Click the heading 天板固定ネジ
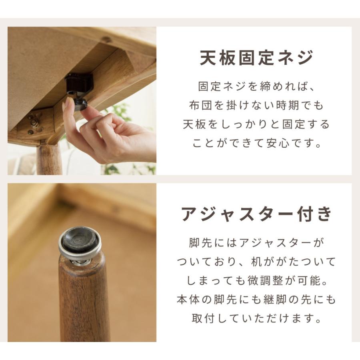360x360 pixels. [x=256, y=58]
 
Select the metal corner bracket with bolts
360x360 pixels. [x=35, y=123]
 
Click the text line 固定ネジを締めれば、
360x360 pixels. [x=256, y=86]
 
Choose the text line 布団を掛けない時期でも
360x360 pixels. [x=256, y=106]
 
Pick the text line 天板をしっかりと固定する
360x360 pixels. [x=256, y=124]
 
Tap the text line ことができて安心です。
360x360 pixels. [x=256, y=143]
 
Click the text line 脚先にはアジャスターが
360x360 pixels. [x=256, y=243]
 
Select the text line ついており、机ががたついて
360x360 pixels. [x=256, y=262]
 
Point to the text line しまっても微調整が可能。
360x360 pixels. [x=256, y=281]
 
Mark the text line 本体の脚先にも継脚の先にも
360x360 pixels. [x=256, y=300]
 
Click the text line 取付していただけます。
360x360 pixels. [x=256, y=319]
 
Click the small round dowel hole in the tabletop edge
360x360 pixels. [x=106, y=40]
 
